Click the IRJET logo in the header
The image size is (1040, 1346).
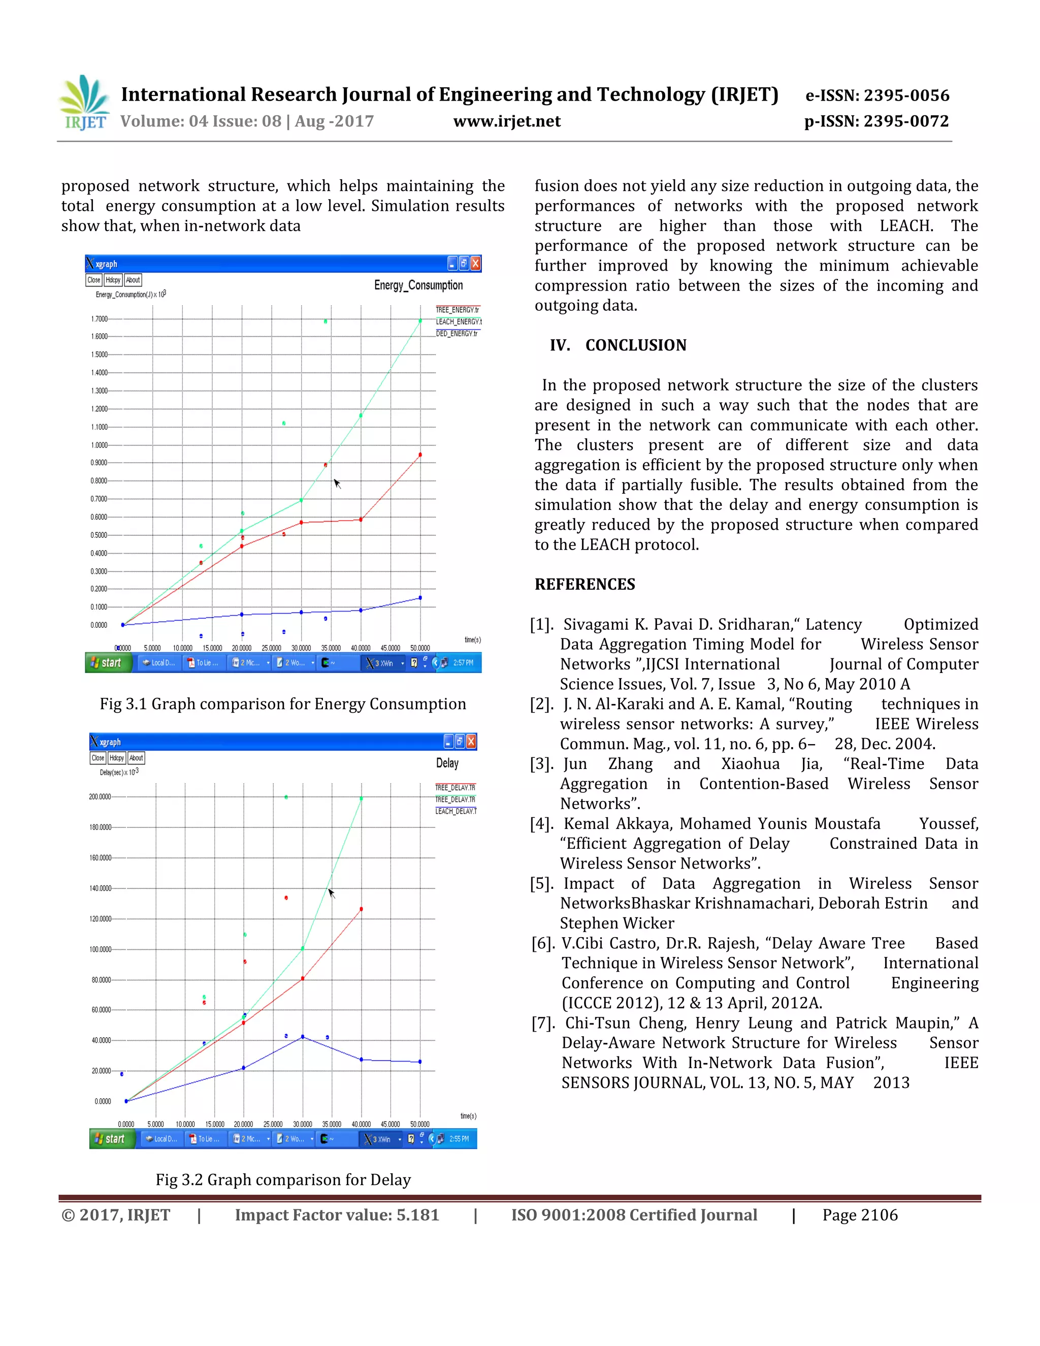pyautogui.click(x=84, y=103)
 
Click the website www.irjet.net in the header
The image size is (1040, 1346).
pyautogui.click(x=506, y=121)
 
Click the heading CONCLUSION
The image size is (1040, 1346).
pyautogui.click(x=635, y=345)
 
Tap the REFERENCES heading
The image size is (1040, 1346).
pyautogui.click(x=584, y=584)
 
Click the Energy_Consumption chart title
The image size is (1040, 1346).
pyautogui.click(x=418, y=285)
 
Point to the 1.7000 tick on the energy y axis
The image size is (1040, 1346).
pyautogui.click(x=99, y=318)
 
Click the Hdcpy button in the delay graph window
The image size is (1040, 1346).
pyautogui.click(x=116, y=758)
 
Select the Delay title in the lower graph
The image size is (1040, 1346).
pyautogui.click(x=447, y=763)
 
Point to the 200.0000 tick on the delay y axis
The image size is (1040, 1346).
pyautogui.click(x=100, y=797)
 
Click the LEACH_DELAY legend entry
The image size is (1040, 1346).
pyautogui.click(x=456, y=811)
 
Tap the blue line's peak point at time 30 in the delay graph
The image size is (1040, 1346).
pyautogui.click(x=303, y=1037)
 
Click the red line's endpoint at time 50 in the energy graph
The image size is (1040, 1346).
pyautogui.click(x=420, y=455)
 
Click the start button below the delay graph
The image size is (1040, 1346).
pyautogui.click(x=111, y=1139)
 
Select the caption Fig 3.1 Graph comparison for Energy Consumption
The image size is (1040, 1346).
pyautogui.click(x=283, y=704)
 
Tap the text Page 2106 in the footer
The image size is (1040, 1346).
pyautogui.click(x=860, y=1215)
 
